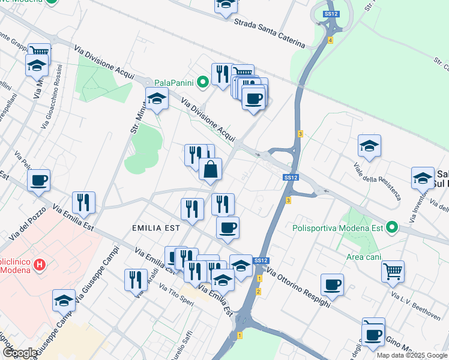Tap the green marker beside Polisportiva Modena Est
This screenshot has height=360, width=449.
392,227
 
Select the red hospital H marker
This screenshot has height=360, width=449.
40,263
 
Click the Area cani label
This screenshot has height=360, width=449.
363,257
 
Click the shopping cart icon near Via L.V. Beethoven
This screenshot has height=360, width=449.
393,271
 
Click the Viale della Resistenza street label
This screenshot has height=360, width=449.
377,181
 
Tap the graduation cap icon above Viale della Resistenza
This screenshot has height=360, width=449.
369,146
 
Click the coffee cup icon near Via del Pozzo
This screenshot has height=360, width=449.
38,180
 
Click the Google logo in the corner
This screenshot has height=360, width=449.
20,353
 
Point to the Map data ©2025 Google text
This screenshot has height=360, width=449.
412,355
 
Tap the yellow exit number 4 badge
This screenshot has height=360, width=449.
330,40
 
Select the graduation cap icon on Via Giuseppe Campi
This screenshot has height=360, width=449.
64,301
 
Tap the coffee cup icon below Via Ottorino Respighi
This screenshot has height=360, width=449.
331,285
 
